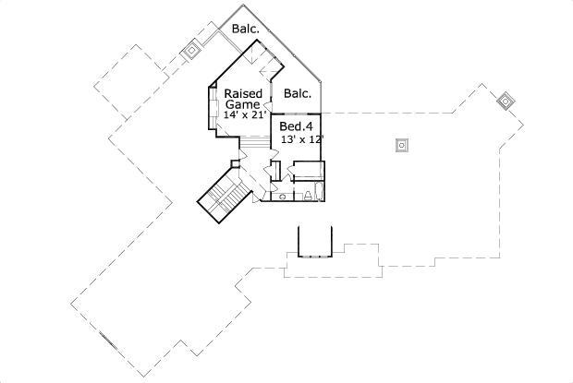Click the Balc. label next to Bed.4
(x=297, y=93)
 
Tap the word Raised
(x=242, y=93)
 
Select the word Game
(x=242, y=104)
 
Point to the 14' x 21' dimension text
(x=242, y=115)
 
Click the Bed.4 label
(x=297, y=126)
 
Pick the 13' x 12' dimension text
(x=301, y=138)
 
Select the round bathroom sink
(x=281, y=197)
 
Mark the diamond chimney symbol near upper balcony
(x=192, y=48)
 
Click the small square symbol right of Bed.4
(x=401, y=144)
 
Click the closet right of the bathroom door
(x=306, y=169)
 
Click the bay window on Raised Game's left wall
(x=209, y=112)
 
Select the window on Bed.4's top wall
(x=295, y=114)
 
